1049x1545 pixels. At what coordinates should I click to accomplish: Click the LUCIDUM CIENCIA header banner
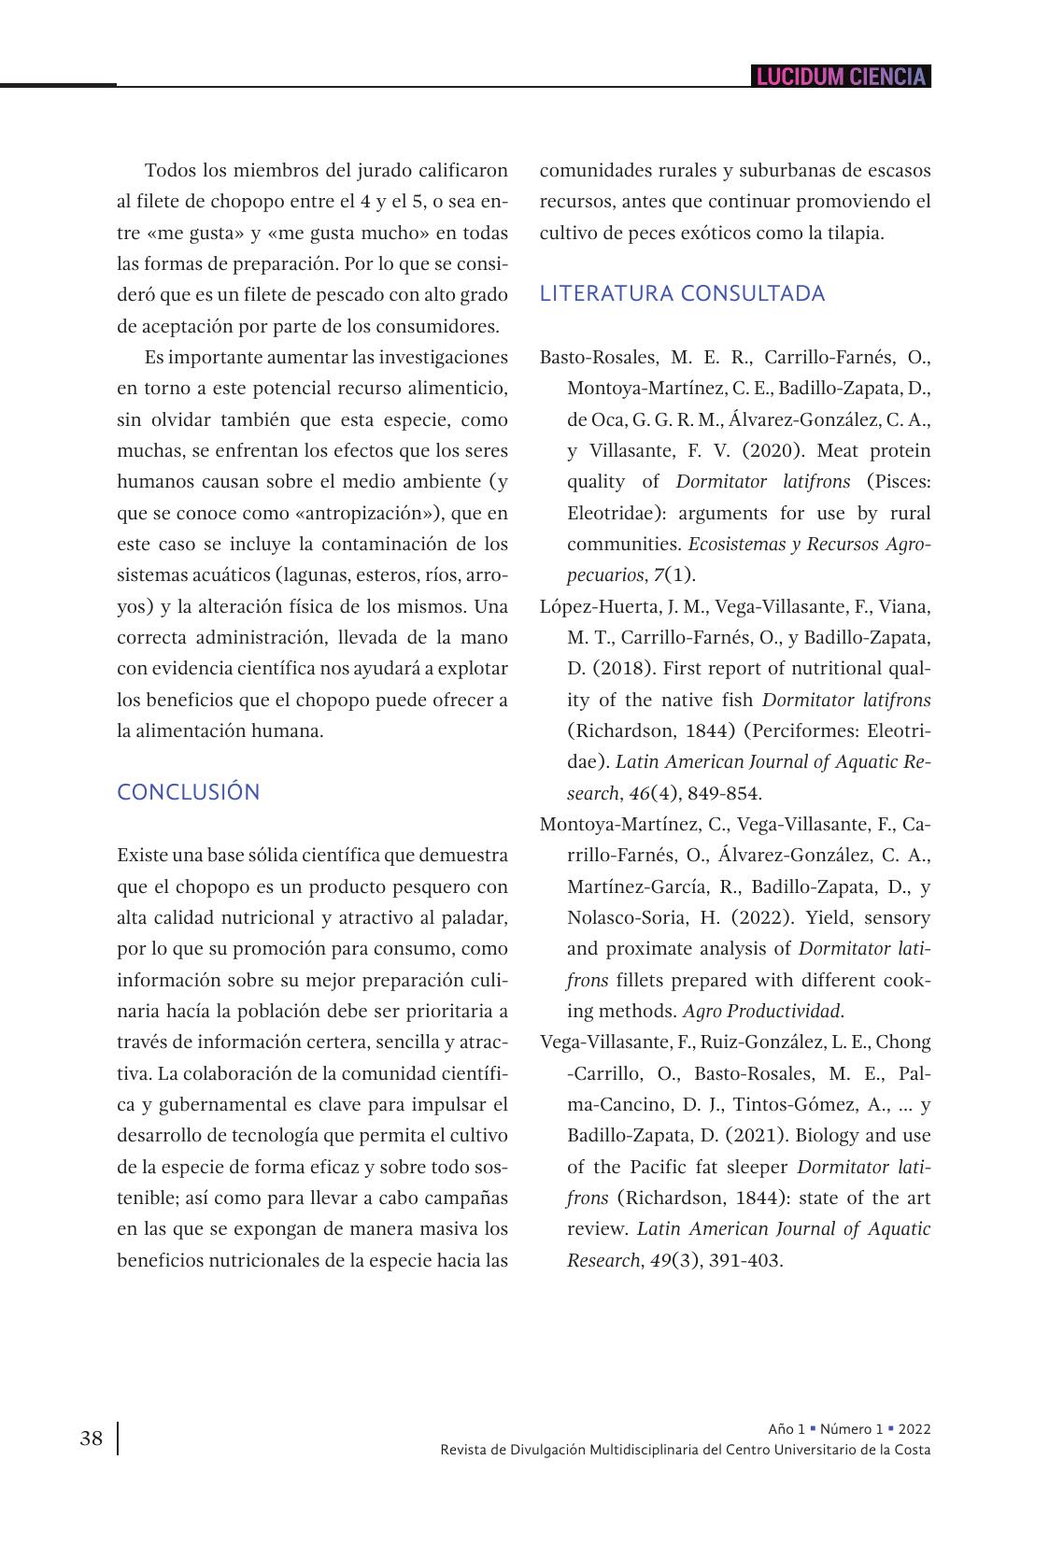click(x=841, y=77)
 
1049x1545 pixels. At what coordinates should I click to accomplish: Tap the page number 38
click(x=92, y=1439)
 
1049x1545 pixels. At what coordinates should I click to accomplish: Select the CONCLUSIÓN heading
click(x=189, y=792)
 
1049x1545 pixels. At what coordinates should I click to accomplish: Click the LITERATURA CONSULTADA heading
click(x=682, y=293)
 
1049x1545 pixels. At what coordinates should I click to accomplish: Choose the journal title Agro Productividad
click(x=762, y=1011)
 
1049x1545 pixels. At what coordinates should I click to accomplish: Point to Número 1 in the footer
click(x=850, y=1429)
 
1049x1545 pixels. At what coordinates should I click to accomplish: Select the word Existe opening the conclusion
click(x=141, y=855)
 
